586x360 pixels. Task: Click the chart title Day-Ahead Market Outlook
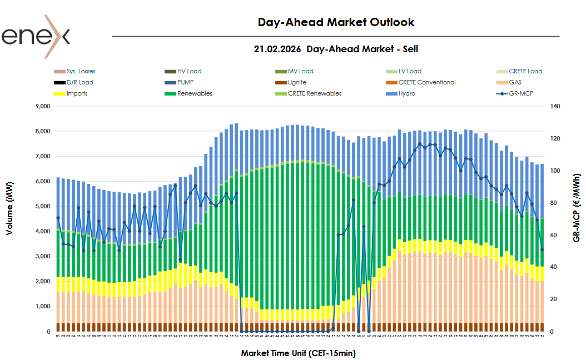336,22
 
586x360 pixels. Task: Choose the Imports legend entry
77,93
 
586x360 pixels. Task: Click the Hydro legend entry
406,93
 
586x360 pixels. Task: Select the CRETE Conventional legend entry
426,82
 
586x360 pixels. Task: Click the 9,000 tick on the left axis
43,106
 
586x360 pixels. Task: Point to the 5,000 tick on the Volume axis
43,207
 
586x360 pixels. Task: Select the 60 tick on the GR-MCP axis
554,235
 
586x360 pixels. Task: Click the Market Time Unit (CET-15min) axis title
298,353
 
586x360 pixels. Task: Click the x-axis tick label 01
58,336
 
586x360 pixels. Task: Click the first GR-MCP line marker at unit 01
58,218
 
